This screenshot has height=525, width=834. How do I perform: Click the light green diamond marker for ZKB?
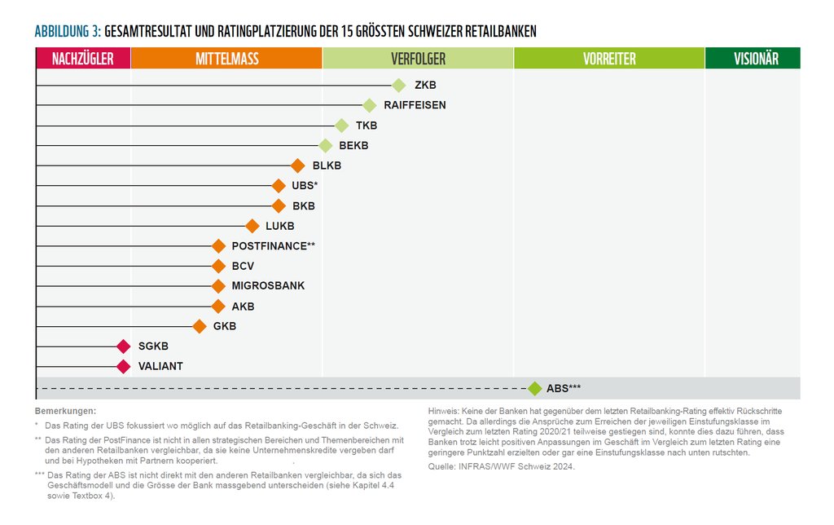point(398,85)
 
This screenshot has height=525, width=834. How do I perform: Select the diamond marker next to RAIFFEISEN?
point(369,105)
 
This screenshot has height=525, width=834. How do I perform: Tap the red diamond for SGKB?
point(123,346)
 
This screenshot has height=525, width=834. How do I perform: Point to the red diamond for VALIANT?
point(123,367)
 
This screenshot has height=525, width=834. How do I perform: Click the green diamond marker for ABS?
point(534,389)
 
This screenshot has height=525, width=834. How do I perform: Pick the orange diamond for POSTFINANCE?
point(218,246)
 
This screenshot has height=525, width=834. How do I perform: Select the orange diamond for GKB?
point(200,327)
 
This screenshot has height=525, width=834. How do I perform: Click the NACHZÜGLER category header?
point(83,59)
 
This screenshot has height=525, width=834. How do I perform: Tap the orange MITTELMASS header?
point(226,59)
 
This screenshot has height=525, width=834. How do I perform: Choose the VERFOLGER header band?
point(418,59)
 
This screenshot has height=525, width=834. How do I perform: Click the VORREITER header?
point(609,59)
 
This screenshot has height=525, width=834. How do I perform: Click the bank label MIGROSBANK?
point(268,286)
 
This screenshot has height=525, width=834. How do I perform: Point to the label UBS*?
point(305,186)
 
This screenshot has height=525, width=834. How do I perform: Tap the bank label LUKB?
point(279,226)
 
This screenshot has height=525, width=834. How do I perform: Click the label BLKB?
point(327,165)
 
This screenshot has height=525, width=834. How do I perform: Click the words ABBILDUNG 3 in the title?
point(68,31)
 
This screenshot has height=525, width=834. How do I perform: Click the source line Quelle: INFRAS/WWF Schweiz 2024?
point(501,466)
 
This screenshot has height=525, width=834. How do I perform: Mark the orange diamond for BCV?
point(218,266)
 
